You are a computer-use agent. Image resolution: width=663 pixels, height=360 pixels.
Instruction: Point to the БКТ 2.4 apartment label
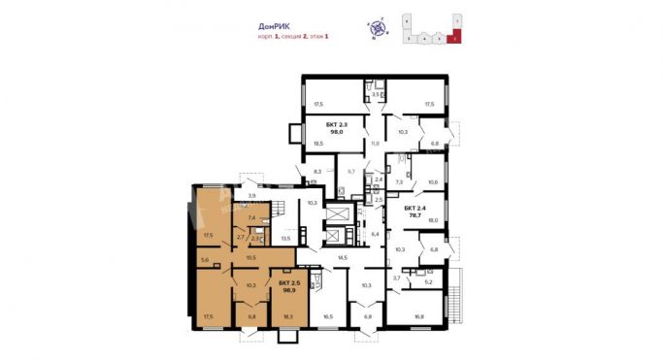click(x=415, y=208)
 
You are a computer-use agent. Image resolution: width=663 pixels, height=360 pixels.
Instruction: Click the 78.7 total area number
click(x=415, y=216)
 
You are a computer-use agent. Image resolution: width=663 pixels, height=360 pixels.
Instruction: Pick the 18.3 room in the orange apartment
click(x=288, y=316)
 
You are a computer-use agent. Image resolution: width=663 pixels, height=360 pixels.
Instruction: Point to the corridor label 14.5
click(x=342, y=257)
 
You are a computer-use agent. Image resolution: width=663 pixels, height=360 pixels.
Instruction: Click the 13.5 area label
click(x=285, y=237)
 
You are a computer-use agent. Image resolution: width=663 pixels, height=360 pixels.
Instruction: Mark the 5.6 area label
click(x=204, y=260)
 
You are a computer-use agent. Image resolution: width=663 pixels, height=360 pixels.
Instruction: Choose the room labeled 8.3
click(x=316, y=172)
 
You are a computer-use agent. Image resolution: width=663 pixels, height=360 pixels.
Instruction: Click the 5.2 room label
click(x=428, y=283)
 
